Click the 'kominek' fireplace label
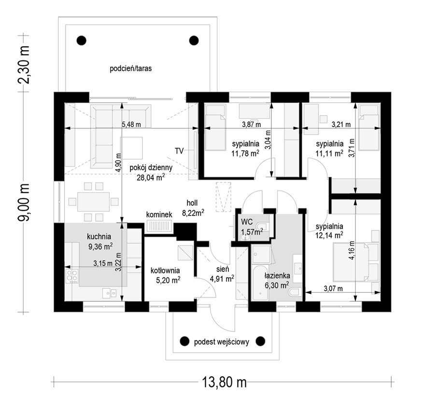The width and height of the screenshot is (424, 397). (x=159, y=215)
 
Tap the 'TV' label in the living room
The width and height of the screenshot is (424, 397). (x=179, y=151)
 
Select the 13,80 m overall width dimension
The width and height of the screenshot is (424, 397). (x=224, y=383)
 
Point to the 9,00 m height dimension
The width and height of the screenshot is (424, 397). (x=23, y=202)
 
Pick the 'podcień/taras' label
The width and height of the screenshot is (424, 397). (x=130, y=69)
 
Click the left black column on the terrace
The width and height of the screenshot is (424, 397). (x=82, y=41)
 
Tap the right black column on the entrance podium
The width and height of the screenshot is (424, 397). (x=260, y=341)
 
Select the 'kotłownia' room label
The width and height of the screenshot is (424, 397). (x=165, y=270)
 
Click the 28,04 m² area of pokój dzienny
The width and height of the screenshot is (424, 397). (x=151, y=178)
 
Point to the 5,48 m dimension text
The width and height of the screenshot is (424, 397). (x=131, y=125)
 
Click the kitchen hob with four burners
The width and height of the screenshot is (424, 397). (x=72, y=276)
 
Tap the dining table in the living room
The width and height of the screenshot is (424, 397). (x=93, y=202)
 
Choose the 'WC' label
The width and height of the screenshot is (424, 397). (x=247, y=222)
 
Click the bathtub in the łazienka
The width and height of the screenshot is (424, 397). (x=260, y=283)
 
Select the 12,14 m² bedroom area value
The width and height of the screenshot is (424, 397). (x=329, y=235)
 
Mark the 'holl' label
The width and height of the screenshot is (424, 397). (x=192, y=203)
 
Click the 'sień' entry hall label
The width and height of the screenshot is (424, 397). (x=223, y=269)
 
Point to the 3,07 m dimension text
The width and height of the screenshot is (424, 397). (x=333, y=289)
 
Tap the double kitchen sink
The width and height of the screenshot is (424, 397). (x=109, y=293)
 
